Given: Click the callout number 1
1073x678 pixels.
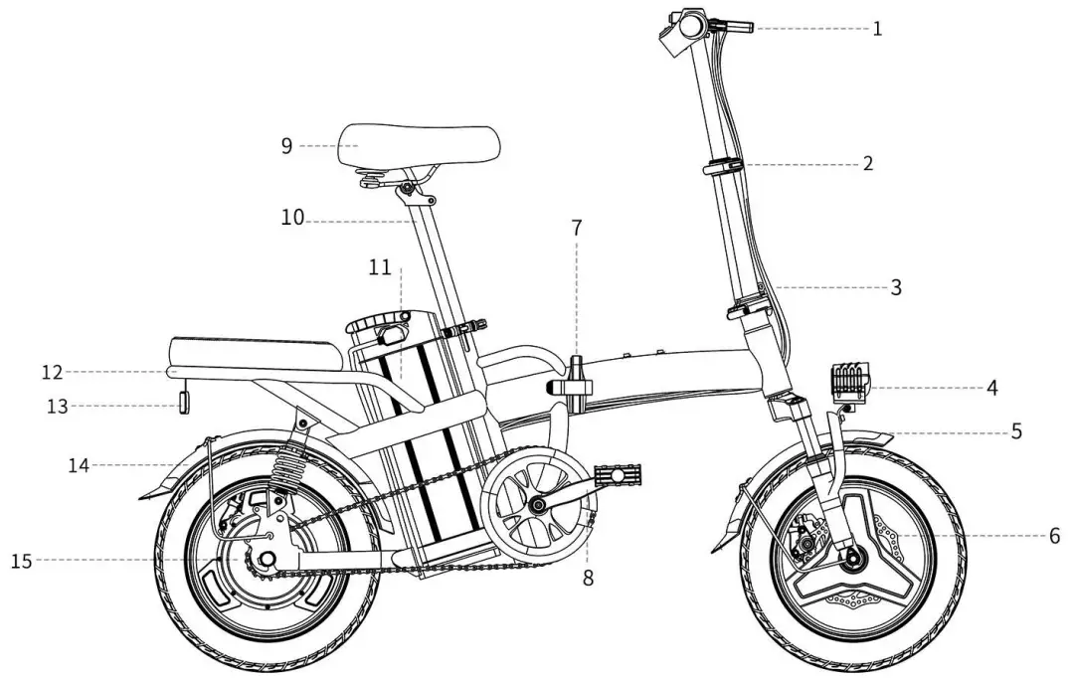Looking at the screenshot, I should click(877, 29).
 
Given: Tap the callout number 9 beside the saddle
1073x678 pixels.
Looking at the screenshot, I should click(286, 146).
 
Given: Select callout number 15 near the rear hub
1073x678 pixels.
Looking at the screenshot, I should click(21, 562).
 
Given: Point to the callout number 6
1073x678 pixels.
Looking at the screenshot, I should click(1054, 536).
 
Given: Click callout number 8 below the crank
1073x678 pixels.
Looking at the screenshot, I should click(588, 578).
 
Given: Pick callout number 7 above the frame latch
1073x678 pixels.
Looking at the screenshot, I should click(577, 228).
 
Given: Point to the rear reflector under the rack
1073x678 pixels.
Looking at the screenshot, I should click(184, 402).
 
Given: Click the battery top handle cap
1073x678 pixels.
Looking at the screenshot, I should click(379, 325).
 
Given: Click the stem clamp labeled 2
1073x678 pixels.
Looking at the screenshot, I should click(725, 166).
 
